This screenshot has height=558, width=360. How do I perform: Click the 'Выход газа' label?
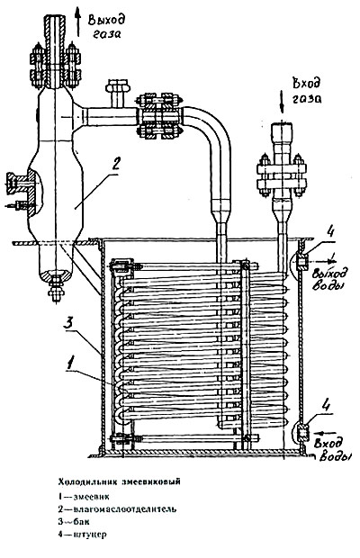click(x=106, y=25)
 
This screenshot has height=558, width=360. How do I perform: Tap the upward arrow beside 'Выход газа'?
click(x=77, y=22)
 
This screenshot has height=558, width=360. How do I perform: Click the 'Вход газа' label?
click(x=308, y=90)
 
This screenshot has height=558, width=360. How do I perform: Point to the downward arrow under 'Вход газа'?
click(x=282, y=102)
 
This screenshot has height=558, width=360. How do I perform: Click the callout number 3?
click(x=69, y=324)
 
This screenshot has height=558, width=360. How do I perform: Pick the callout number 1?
click(x=71, y=364)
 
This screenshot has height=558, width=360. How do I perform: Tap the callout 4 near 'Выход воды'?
click(x=330, y=232)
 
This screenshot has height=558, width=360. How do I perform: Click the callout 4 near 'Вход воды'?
click(x=326, y=406)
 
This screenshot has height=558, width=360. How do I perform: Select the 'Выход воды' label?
click(x=329, y=280)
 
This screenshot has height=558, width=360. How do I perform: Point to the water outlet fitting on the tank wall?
click(x=301, y=262)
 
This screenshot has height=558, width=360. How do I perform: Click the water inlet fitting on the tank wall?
click(x=301, y=431)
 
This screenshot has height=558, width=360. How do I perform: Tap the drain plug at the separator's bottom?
click(x=55, y=287)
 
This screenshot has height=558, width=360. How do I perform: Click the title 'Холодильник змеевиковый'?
click(x=120, y=481)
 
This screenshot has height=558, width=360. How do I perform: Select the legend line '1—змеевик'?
click(x=84, y=496)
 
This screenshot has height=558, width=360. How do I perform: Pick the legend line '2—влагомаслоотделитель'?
click(x=117, y=508)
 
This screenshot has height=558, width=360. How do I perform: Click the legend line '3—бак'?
click(x=74, y=522)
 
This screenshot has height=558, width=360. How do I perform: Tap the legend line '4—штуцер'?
click(x=82, y=535)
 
